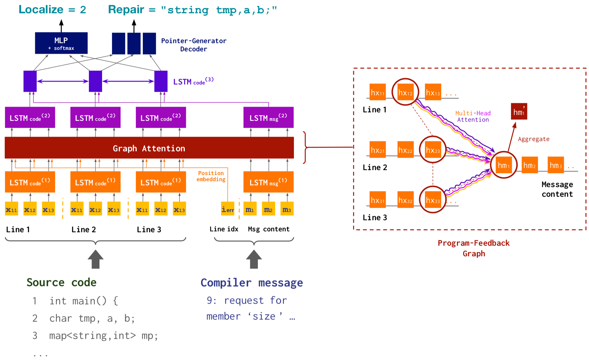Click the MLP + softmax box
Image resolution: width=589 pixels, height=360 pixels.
coord(61,43)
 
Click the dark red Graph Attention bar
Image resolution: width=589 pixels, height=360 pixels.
coord(149,148)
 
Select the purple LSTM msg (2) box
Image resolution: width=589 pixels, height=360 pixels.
coord(268,117)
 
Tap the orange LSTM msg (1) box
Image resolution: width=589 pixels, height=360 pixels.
coord(268,182)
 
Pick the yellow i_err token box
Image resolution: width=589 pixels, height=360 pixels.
coord(228,209)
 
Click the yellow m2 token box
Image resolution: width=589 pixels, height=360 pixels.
coord(268,209)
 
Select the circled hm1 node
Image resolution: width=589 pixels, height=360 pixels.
coord(503,165)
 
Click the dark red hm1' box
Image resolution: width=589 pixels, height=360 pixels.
coord(519,111)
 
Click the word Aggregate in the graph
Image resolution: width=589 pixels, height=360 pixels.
coord(533,139)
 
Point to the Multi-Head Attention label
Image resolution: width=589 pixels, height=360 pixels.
coord(473,116)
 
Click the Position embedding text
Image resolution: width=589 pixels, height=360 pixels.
coord(211,176)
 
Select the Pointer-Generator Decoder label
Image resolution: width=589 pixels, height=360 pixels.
coord(194,45)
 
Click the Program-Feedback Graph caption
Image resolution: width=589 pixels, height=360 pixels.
coord(473,248)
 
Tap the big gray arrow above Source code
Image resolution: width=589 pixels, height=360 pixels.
coord(95,259)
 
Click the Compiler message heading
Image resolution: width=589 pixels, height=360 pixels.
coord(252,283)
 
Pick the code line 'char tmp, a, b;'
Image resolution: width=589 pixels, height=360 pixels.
coord(92,318)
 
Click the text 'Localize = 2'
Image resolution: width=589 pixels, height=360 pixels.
coord(52,10)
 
